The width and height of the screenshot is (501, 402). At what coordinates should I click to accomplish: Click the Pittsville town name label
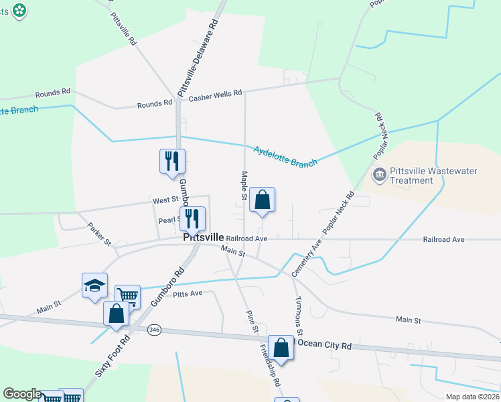click(204, 238)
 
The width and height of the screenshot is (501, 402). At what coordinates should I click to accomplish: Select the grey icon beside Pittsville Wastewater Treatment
click(378, 176)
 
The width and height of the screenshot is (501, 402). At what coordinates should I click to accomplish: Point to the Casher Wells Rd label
click(215, 95)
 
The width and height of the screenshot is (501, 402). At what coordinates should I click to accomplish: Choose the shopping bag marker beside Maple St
click(262, 200)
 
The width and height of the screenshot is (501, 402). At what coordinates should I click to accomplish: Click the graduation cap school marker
click(94, 285)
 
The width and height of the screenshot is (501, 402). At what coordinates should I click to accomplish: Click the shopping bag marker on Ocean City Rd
click(281, 348)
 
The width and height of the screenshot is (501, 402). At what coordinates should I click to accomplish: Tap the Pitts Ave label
click(188, 294)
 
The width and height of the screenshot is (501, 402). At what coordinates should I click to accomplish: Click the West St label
click(163, 200)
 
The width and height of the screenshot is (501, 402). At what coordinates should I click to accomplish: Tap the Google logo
click(22, 394)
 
